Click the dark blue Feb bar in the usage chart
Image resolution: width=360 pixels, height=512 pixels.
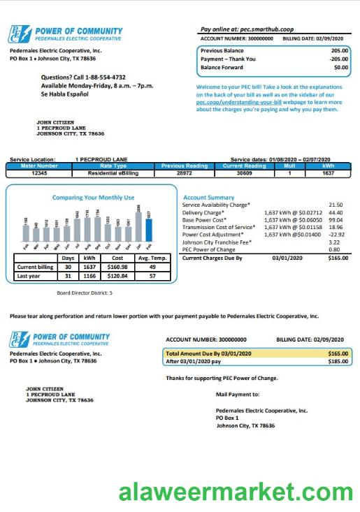point(148,230)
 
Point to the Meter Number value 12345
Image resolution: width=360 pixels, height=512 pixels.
point(38,173)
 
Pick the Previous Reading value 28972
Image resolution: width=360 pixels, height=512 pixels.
point(184,173)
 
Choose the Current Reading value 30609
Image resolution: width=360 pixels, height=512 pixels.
point(244,173)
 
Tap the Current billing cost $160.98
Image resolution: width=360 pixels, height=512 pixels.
point(114,267)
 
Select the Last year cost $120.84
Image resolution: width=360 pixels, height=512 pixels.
point(114,276)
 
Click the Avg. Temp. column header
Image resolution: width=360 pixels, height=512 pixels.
point(151,258)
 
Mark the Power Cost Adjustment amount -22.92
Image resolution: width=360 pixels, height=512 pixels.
point(334,234)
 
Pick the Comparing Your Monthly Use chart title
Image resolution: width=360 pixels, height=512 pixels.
point(93,198)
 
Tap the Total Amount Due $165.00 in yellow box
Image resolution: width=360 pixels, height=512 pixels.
point(338,354)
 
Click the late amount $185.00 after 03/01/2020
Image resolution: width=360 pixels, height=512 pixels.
point(338,362)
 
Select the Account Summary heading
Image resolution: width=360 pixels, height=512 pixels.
point(208,198)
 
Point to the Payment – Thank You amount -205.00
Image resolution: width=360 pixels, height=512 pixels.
point(338,59)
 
